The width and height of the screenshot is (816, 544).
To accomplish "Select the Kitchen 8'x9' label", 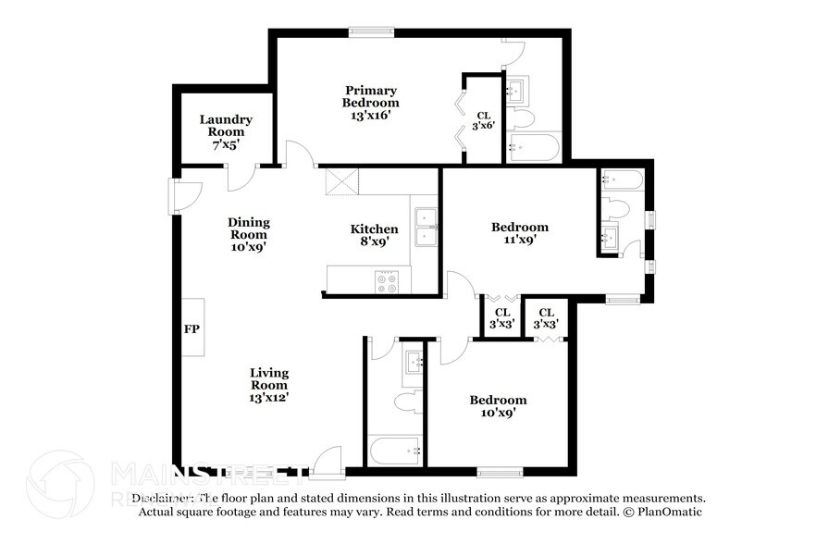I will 374,235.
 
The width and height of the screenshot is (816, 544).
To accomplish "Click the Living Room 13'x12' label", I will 269,385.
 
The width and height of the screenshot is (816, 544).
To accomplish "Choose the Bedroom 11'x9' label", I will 519,233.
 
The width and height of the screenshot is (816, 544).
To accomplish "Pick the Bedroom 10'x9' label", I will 498,406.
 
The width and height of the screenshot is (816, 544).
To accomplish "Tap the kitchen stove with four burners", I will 386,281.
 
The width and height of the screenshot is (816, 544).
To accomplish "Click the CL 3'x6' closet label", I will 483,121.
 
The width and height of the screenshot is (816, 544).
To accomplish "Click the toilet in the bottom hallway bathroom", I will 405,403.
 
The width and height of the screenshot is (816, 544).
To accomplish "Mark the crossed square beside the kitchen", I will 340,181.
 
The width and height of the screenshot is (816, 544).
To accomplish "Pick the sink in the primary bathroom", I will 516,91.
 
